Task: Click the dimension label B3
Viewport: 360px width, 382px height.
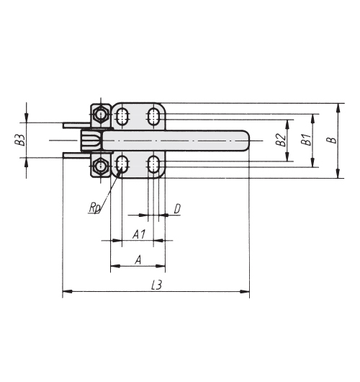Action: [x=22, y=140]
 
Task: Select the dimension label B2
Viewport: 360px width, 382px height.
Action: [x=281, y=140]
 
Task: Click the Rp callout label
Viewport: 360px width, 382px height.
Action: [x=94, y=208]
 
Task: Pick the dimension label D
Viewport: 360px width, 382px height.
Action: [x=177, y=209]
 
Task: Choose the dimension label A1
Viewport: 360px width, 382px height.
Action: [x=139, y=234]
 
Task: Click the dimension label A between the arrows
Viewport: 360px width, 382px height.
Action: [x=138, y=259]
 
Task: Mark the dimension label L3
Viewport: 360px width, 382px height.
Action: [x=156, y=285]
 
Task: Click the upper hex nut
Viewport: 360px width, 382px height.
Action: [x=100, y=114]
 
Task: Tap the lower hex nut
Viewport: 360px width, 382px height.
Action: [x=100, y=166]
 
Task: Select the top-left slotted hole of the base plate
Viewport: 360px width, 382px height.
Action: [x=122, y=117]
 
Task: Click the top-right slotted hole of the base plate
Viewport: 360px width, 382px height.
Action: [x=153, y=117]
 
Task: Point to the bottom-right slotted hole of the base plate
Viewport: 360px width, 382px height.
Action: [x=153, y=164]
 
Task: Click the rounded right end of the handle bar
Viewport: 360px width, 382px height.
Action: [x=245, y=141]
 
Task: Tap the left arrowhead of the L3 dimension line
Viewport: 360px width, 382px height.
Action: [x=67, y=291]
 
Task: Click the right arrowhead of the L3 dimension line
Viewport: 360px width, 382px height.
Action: [x=245, y=291]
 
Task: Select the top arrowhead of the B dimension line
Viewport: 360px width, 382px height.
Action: [x=338, y=108]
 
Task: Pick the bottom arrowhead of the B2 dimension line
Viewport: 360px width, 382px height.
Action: [x=287, y=156]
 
